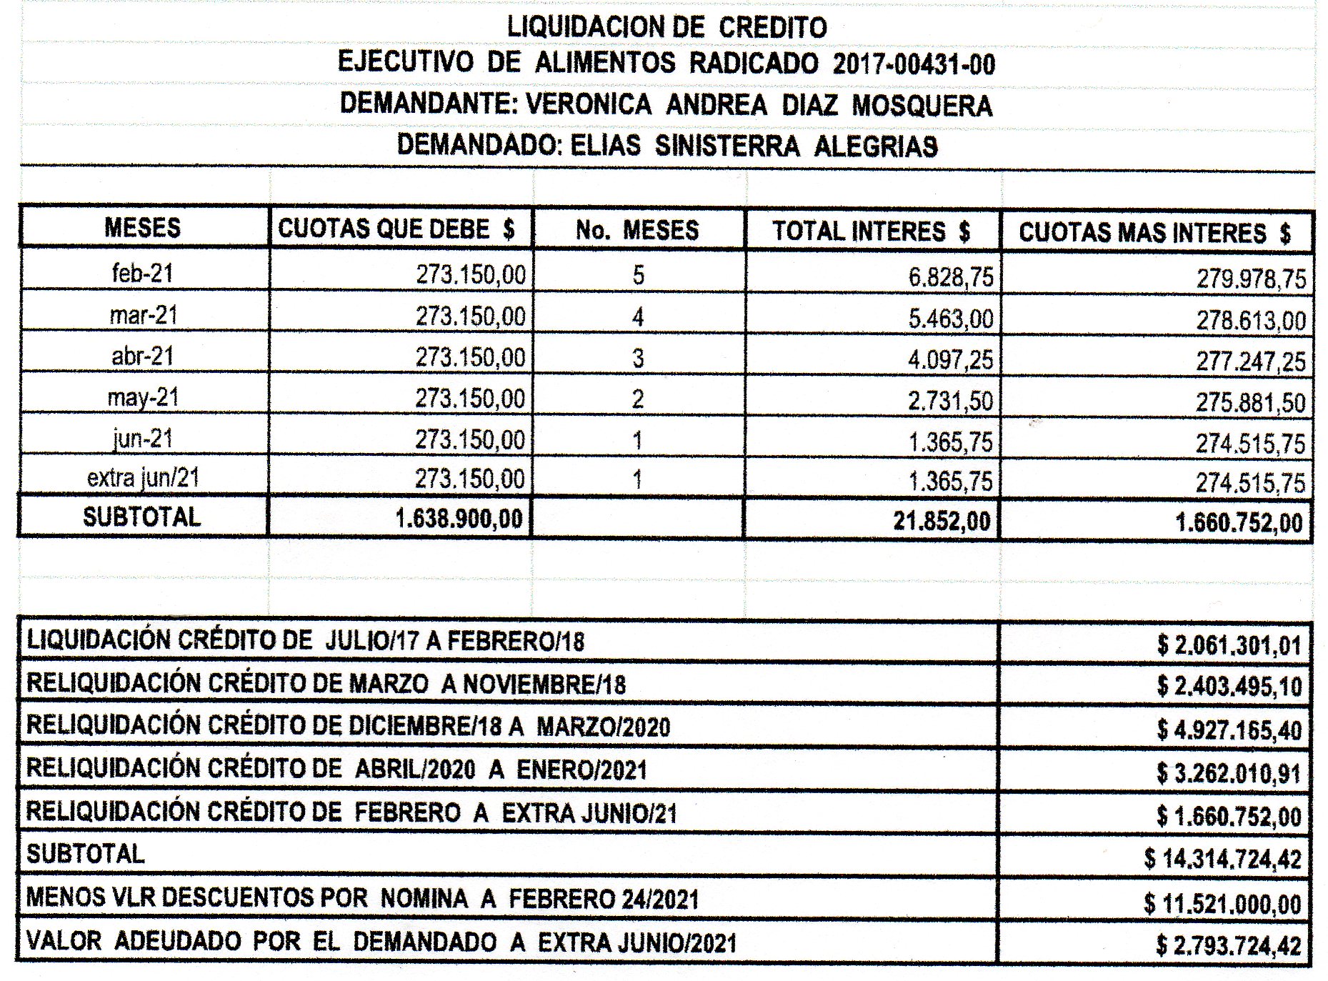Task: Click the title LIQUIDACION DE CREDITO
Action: point(667,27)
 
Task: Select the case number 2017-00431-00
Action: point(914,64)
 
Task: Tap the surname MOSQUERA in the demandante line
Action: point(922,105)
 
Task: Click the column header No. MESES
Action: point(637,230)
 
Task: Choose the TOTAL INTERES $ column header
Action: point(871,231)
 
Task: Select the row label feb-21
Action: point(143,273)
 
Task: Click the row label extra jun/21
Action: point(143,477)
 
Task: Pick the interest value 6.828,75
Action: point(950,277)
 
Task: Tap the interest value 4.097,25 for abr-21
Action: point(950,359)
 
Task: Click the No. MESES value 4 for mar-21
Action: point(638,317)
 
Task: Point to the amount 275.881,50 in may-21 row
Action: point(1251,403)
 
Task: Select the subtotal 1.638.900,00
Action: point(459,519)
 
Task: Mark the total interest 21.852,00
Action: point(942,522)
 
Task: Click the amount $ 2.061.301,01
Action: point(1229,646)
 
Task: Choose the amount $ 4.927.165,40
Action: point(1229,730)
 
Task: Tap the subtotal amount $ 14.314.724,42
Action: point(1222,859)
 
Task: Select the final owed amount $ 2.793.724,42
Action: point(1229,945)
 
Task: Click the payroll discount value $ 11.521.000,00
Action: point(1222,904)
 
